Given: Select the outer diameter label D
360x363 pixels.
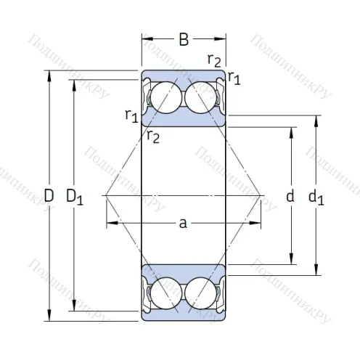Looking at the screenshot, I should (x=49, y=195).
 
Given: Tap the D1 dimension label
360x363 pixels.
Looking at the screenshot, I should (x=75, y=196).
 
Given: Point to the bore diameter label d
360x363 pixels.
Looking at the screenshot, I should (x=290, y=196).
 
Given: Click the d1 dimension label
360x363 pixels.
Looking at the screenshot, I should (x=316, y=196).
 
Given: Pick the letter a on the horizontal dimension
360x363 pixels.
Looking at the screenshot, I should (x=184, y=224).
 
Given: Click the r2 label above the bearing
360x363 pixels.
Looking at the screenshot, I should (x=214, y=60).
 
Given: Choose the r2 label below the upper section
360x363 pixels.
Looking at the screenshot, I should (x=153, y=134).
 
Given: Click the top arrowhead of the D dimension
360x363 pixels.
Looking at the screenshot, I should (x=49, y=73).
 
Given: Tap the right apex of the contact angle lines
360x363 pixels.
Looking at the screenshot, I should (x=261, y=195).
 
